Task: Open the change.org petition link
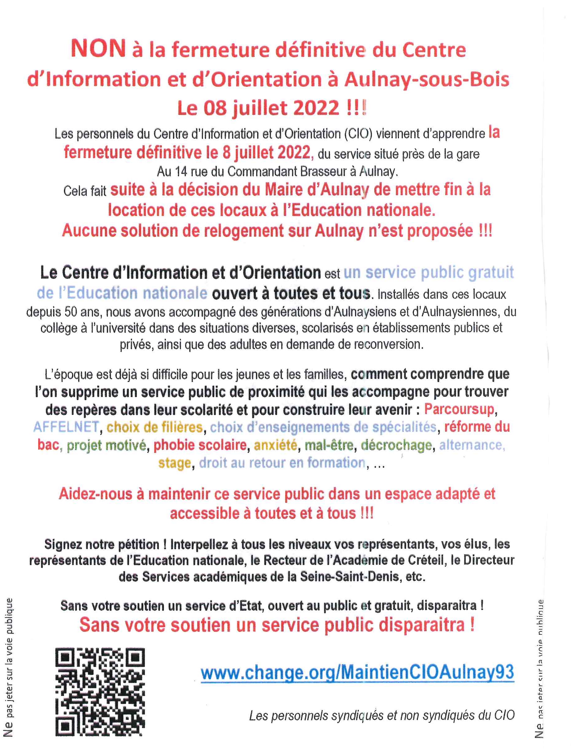point(357,672)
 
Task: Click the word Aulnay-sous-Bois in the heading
point(427,79)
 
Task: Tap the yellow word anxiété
point(275,445)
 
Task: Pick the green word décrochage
point(396,445)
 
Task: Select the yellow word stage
point(174,463)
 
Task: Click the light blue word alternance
point(471,445)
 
